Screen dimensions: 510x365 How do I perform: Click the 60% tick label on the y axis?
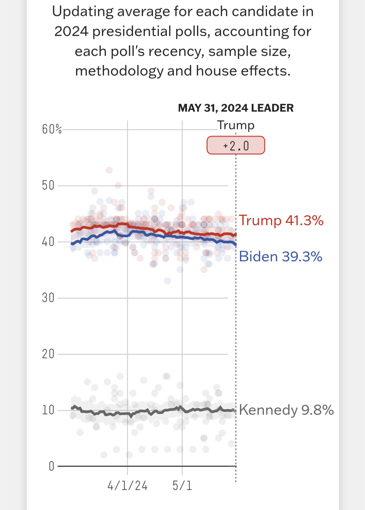tap(52, 129)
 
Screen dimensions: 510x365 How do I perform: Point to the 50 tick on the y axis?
tap(48, 185)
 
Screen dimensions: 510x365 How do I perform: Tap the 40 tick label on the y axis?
tap(48, 242)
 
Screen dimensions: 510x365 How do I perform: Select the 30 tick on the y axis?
tap(48, 298)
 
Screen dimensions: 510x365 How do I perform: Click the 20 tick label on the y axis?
tap(48, 354)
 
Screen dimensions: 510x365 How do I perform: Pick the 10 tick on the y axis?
tap(48, 410)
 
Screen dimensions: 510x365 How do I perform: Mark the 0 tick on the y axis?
tap(51, 466)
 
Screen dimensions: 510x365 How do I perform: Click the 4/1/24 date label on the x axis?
tap(127, 486)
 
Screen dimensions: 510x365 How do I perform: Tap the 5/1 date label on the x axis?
tap(182, 486)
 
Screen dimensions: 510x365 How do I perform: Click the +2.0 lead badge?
tap(236, 145)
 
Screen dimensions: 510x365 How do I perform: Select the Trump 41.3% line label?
tap(281, 220)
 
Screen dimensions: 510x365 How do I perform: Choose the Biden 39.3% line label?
tap(281, 257)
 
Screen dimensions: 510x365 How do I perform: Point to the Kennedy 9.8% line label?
tap(286, 410)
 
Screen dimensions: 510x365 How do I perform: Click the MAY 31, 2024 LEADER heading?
tap(236, 108)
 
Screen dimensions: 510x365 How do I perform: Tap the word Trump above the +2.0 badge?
tap(236, 125)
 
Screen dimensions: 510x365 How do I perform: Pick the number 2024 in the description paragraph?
tap(71, 31)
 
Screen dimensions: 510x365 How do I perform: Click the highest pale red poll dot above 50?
tap(109, 170)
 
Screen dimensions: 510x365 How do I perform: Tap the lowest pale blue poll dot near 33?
tap(167, 281)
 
